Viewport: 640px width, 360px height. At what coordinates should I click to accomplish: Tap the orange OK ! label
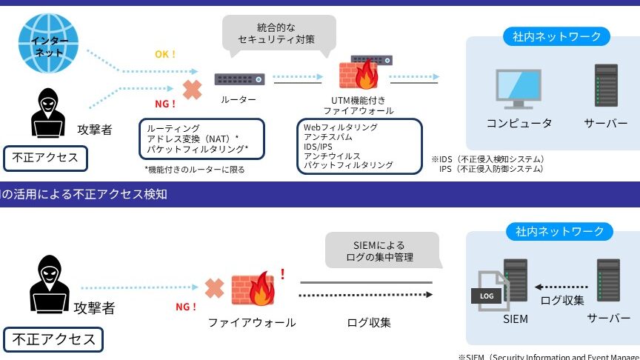(165, 54)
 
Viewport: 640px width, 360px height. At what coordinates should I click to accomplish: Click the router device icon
(239, 79)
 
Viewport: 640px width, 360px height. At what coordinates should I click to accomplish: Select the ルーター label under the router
(239, 99)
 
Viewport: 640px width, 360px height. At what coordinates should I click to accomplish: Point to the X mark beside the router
(192, 90)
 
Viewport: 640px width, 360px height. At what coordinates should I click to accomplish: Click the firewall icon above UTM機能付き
(359, 75)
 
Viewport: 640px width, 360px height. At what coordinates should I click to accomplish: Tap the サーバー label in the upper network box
(605, 123)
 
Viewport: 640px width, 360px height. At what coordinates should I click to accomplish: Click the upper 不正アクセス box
(45, 157)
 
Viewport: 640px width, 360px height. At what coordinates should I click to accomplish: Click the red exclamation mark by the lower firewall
(282, 274)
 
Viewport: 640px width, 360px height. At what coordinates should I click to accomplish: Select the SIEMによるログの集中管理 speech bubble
(381, 251)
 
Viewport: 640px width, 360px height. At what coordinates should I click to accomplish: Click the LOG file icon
(486, 293)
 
